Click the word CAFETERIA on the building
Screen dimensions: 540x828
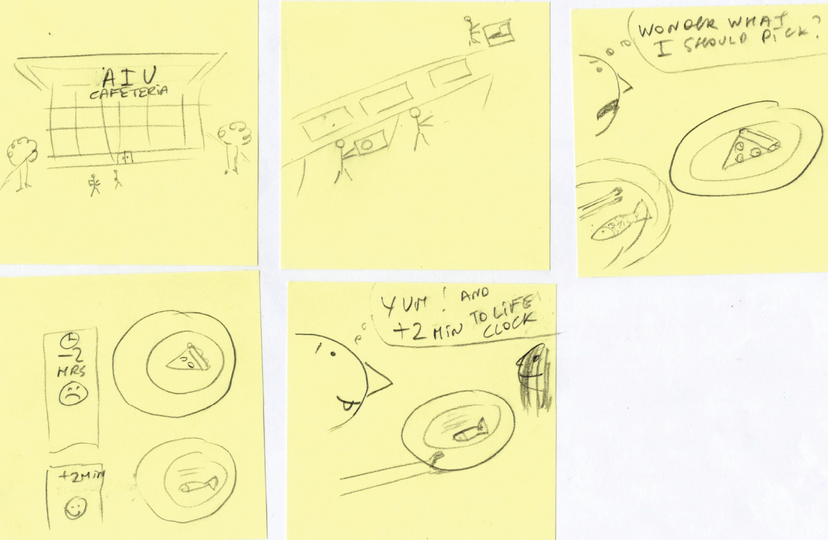pyautogui.click(x=128, y=92)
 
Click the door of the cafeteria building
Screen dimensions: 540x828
pyautogui.click(x=124, y=158)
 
